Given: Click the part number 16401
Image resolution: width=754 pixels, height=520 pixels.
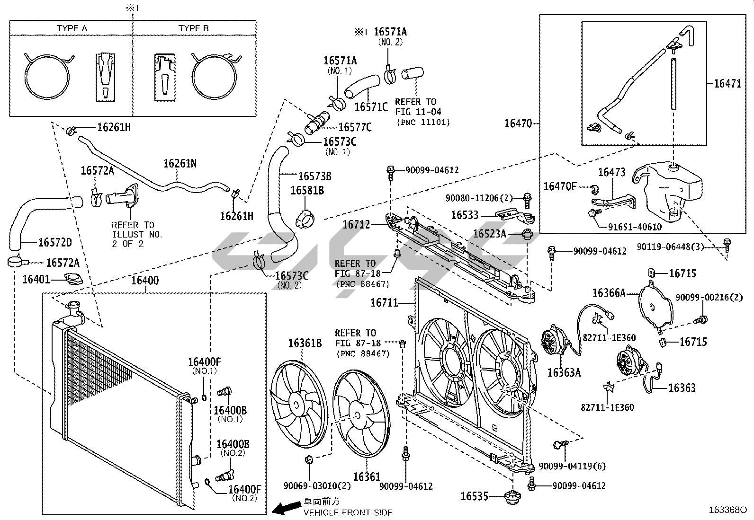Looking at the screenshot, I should tap(36, 280).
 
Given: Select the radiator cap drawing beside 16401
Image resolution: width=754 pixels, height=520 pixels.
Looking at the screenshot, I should tap(73, 279).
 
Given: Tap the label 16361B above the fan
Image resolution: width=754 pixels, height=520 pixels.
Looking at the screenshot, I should tap(305, 343).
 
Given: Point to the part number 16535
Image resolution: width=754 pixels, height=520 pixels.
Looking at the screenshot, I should tap(475, 496).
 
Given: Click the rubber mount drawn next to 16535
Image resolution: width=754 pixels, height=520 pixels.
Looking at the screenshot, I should tap(512, 497).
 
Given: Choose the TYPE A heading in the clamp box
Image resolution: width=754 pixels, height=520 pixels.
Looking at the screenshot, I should tap(72, 28).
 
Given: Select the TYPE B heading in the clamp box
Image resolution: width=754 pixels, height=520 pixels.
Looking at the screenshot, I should tap(193, 28).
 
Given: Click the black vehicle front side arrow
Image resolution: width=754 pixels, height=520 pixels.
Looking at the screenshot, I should tap(286, 509).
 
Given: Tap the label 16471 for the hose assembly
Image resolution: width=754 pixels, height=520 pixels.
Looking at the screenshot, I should tap(727, 84).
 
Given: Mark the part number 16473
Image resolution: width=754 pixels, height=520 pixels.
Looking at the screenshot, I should tap(611, 172).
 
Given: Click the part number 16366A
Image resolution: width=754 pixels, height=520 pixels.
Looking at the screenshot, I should tap(609, 293).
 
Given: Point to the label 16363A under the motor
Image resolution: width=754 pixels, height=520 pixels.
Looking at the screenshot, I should tap(564, 372).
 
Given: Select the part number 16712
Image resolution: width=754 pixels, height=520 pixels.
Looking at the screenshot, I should tap(356, 224).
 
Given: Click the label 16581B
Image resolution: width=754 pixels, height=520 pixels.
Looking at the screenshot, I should tap(307, 191).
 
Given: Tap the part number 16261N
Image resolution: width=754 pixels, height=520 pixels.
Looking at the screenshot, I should tap(180, 164).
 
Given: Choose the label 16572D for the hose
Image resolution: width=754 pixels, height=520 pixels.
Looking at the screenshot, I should tap(55, 243).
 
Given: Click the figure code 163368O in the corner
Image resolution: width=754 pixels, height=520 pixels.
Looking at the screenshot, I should tap(727, 510).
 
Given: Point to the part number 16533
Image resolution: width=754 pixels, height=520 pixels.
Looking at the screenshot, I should tap(465, 215).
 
